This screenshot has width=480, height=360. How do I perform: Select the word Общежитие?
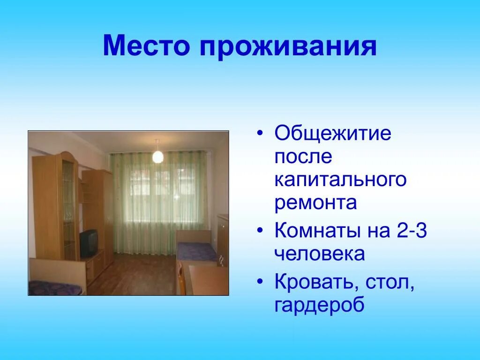[x=333, y=135]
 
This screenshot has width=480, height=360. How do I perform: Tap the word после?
[x=303, y=157]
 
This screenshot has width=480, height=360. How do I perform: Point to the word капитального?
[x=340, y=180]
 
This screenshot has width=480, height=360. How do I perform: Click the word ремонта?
[x=315, y=203]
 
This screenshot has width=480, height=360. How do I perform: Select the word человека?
[x=320, y=254]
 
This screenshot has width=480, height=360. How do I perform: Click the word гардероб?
[x=320, y=305]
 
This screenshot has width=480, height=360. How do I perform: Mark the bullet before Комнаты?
[x=261, y=231]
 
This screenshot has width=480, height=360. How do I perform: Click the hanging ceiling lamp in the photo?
[x=158, y=155]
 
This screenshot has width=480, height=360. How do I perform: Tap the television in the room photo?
[x=89, y=243]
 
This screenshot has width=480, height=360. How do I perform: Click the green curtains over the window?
[x=159, y=202]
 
